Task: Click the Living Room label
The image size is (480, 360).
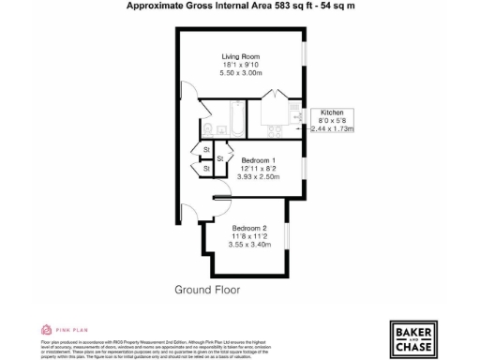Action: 239,55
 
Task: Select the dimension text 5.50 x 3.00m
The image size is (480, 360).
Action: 239,72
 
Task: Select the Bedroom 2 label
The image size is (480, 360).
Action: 250,227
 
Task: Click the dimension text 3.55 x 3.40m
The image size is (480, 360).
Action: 250,245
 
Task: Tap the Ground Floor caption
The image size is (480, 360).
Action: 208,290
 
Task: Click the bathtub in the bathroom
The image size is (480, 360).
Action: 235,121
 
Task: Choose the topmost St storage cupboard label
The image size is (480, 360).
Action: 206,149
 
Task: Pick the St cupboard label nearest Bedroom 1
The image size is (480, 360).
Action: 220,159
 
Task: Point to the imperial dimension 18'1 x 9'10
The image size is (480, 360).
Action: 239,64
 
